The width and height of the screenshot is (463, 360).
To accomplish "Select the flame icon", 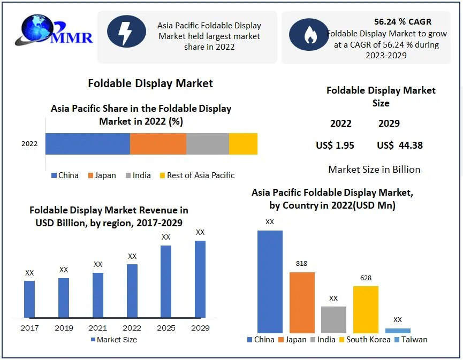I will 309,35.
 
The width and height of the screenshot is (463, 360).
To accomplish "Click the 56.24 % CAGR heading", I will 403,22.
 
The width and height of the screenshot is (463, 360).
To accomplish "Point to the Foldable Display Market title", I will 150,83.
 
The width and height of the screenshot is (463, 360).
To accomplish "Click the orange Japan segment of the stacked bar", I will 158,144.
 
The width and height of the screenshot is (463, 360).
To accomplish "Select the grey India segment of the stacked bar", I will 208,144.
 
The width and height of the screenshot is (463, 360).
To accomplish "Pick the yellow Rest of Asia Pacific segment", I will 243,144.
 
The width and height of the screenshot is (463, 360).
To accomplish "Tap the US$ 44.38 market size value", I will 400,145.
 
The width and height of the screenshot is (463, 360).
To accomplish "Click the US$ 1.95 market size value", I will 335,145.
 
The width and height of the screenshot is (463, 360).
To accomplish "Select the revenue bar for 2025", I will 166,281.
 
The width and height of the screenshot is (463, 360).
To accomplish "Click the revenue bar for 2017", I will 29,299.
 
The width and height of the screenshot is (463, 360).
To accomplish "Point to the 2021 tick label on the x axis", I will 97,327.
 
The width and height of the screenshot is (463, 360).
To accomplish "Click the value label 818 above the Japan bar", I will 302,264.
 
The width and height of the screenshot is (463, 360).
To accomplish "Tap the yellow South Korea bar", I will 366,310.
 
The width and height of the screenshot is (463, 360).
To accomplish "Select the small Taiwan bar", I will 398,331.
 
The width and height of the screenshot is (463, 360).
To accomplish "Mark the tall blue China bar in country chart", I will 270,282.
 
